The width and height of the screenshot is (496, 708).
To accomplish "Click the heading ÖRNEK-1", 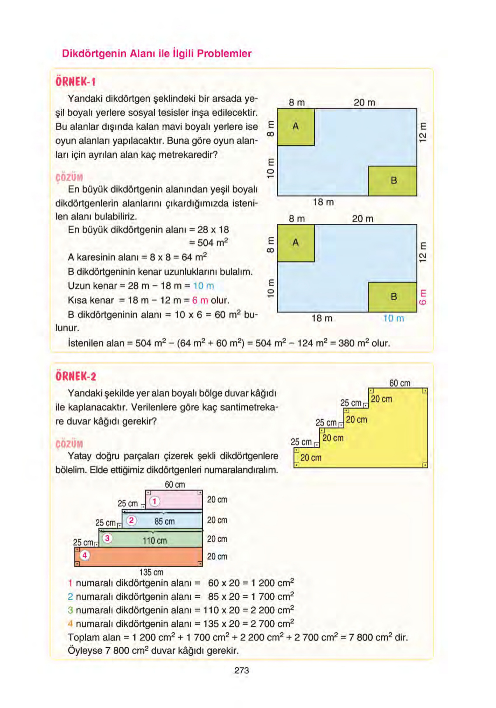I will tap(76, 82).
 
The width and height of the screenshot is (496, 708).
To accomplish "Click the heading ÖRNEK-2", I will tap(76, 376).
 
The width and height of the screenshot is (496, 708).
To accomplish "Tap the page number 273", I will tap(241, 670).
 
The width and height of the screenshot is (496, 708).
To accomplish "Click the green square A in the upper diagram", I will tap(296, 126).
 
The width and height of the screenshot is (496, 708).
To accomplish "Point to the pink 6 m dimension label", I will tap(423, 297).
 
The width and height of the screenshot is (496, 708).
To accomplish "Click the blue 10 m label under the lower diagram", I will tap(393, 318).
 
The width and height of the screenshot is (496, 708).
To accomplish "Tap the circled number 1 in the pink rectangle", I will tap(155, 502).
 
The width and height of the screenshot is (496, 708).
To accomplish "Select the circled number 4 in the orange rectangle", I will tap(85, 555).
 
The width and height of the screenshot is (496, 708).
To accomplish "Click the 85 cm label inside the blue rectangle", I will tap(164, 521).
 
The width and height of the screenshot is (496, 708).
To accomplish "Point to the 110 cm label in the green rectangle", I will tap(155, 541).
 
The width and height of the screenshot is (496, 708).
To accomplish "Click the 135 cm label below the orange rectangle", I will tap(151, 572).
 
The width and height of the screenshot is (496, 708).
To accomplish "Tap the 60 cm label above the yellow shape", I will tap(400, 383).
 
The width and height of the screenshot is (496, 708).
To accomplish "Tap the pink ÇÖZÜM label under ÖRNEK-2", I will tap(69, 444).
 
